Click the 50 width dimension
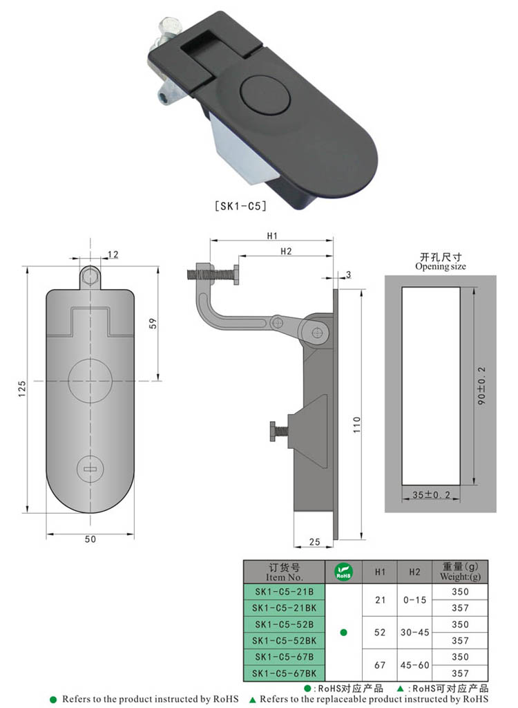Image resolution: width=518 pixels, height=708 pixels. click(90, 539)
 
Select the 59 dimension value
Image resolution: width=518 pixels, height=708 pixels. click(153, 323)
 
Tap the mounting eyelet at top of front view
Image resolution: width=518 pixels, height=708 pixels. click(88, 276)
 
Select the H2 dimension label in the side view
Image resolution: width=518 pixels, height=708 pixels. click(286, 250)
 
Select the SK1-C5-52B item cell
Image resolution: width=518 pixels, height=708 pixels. click(284, 624)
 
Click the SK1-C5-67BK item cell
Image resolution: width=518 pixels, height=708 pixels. click(284, 673)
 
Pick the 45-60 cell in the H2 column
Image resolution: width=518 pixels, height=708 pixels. click(414, 665)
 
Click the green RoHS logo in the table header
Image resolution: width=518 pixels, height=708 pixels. click(343, 572)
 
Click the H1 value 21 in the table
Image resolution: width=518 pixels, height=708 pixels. click(380, 600)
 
